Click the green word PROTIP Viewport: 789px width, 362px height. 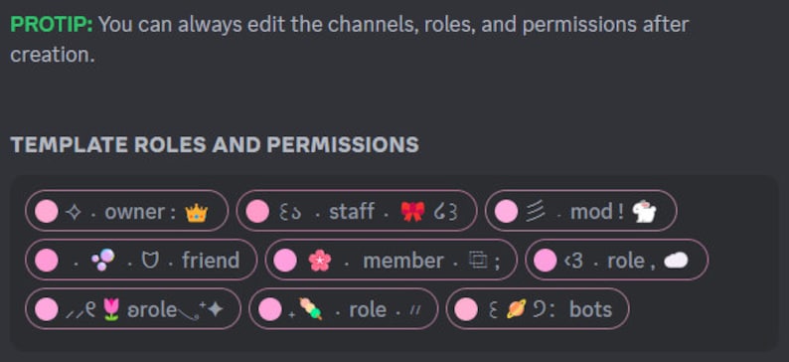click(52, 24)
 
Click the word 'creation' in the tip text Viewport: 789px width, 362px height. click(51, 55)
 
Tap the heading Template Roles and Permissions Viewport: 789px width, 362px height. click(214, 144)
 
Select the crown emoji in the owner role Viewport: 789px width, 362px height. click(197, 211)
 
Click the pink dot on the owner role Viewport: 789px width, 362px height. click(47, 211)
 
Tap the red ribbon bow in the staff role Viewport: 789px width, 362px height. click(412, 211)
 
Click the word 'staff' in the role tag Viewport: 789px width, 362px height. click(352, 211)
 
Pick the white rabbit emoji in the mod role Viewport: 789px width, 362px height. click(644, 211)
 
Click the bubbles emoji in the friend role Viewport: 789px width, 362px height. click(102, 260)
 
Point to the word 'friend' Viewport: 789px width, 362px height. click(211, 260)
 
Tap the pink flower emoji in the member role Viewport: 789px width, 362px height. click(319, 260)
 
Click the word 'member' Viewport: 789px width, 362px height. click(402, 260)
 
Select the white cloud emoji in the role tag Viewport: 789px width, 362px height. click(676, 260)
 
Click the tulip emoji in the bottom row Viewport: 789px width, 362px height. click(109, 309)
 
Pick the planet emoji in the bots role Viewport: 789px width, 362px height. click(517, 309)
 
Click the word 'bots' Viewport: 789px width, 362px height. click(590, 309)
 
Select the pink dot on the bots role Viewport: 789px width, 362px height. click(467, 309)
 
